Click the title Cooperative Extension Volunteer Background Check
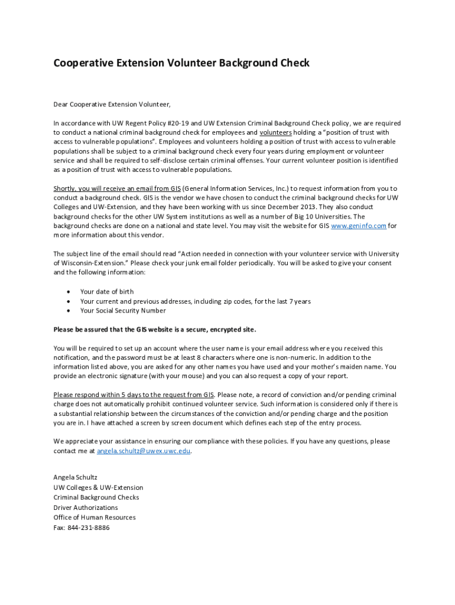click(x=181, y=63)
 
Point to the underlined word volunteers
click(x=275, y=132)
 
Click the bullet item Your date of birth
click(x=107, y=291)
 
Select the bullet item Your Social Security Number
click(x=123, y=310)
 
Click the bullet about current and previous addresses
click(x=195, y=301)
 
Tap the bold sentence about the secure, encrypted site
click(x=155, y=329)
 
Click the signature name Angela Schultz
click(x=76, y=477)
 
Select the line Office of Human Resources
click(x=95, y=517)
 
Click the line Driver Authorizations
click(x=86, y=508)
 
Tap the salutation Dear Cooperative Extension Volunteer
click(x=112, y=105)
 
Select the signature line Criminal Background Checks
click(x=96, y=497)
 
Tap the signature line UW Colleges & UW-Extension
click(x=98, y=487)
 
